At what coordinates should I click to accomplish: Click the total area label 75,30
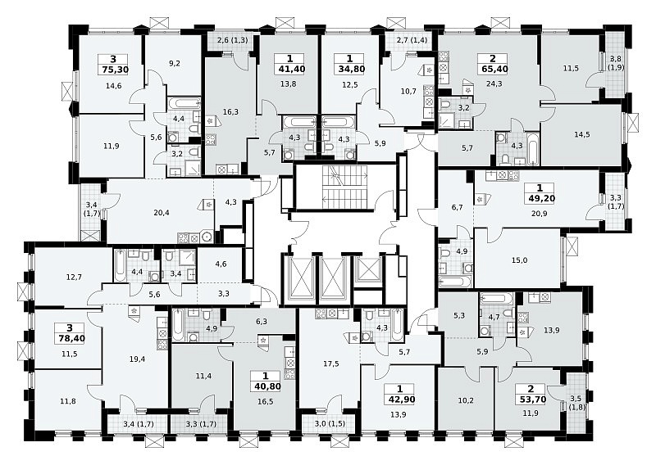click(113, 70)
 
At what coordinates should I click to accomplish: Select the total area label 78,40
click(70, 338)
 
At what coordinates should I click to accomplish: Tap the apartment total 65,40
click(493, 69)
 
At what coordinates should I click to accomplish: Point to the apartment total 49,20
click(540, 198)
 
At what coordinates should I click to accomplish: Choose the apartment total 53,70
click(531, 399)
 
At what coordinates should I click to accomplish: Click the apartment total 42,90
click(400, 399)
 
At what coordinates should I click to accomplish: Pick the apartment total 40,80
click(266, 386)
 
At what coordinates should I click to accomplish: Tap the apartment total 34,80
click(349, 69)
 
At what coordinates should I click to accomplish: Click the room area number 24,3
click(494, 84)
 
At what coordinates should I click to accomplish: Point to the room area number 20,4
click(162, 213)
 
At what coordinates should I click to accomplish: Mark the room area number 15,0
click(519, 260)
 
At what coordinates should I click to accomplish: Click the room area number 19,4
click(137, 359)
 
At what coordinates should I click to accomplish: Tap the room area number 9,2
click(175, 64)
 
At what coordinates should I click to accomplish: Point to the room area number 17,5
click(331, 363)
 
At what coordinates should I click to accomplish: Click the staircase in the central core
click(344, 187)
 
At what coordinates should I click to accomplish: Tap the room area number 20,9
click(540, 213)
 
